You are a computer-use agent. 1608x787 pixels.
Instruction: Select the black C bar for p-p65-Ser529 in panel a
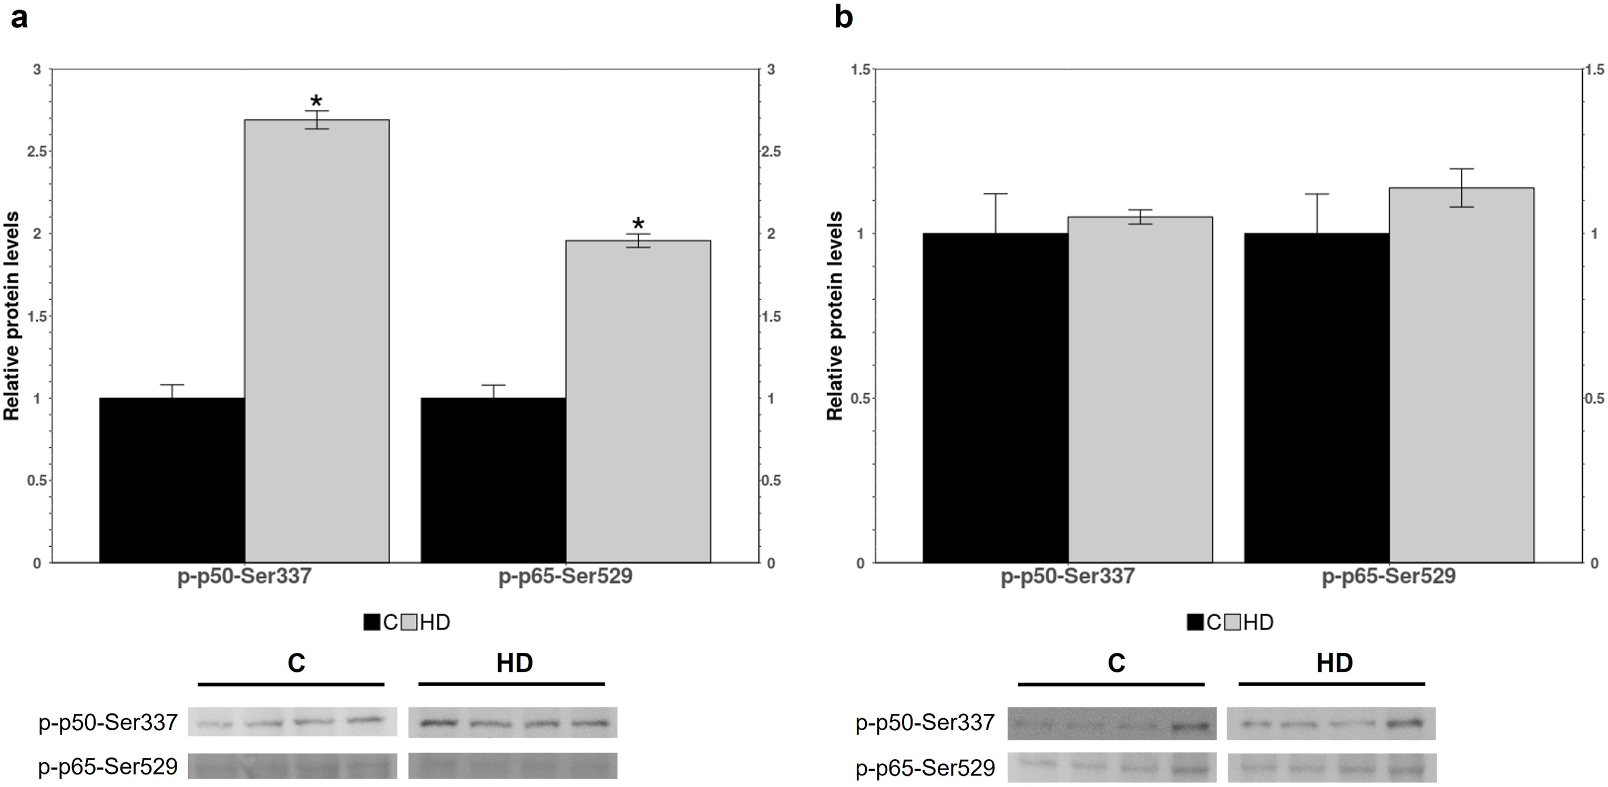[493, 480]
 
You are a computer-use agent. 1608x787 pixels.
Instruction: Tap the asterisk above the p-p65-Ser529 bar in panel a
[638, 223]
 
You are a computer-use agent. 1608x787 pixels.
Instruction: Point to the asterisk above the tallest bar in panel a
[316, 101]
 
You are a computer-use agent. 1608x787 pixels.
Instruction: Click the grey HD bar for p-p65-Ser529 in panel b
[1461, 375]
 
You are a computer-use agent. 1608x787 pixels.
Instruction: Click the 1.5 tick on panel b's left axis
[860, 69]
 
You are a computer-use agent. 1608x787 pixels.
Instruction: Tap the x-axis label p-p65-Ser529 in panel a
[565, 576]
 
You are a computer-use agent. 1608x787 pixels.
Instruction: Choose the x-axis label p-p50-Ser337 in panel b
[1068, 576]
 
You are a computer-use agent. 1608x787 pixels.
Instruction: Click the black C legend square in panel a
[372, 622]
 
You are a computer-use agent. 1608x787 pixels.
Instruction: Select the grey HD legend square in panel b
[1232, 622]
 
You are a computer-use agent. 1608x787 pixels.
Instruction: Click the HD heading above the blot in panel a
[514, 663]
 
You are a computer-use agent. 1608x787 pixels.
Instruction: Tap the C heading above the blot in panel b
[1116, 663]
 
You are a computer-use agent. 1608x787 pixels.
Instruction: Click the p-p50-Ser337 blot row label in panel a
[108, 723]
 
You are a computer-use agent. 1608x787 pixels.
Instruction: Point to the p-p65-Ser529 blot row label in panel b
[925, 768]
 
